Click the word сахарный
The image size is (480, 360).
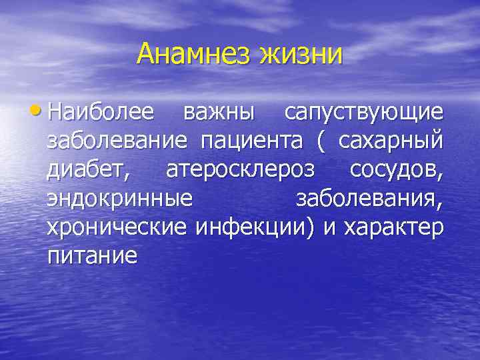(x=391, y=143)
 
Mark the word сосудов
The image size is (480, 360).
(x=396, y=171)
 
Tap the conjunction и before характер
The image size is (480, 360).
(x=328, y=228)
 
